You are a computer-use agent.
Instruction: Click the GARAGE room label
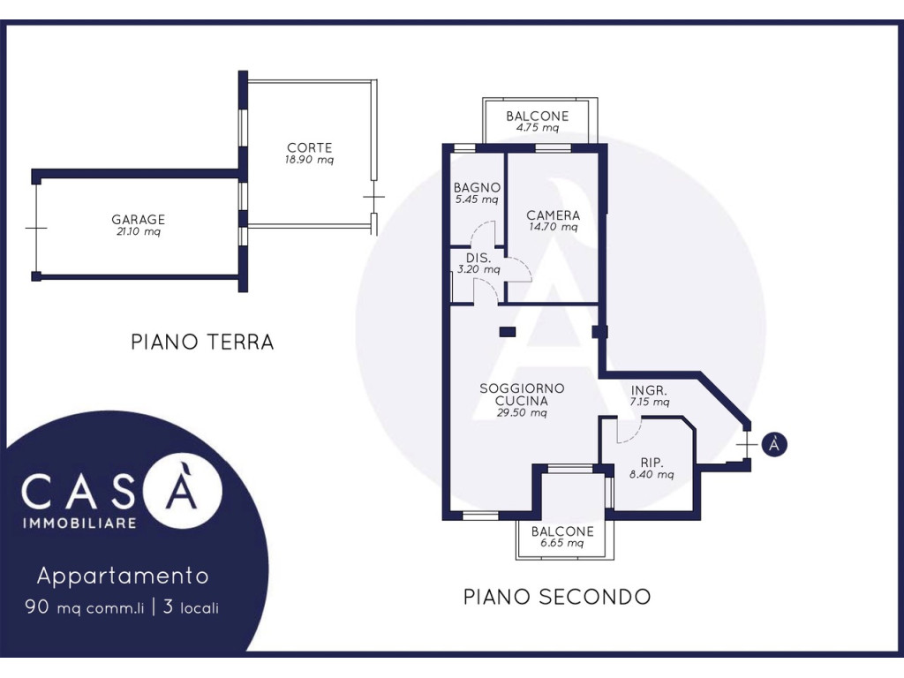click(139, 220)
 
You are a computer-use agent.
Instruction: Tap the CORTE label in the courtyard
click(310, 148)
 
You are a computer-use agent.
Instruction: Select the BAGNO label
click(477, 187)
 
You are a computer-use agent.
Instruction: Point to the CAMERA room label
click(553, 215)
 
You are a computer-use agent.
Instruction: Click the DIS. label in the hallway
click(478, 258)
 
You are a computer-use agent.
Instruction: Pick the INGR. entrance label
click(649, 390)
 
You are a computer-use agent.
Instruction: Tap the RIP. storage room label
click(652, 463)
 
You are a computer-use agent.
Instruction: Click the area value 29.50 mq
click(522, 413)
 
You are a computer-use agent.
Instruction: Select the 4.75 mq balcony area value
click(538, 127)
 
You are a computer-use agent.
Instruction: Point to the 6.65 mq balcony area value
click(561, 543)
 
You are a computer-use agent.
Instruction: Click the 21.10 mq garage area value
click(139, 232)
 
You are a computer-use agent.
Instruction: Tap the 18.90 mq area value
click(310, 160)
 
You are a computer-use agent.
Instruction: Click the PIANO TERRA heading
click(202, 342)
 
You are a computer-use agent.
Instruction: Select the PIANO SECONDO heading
click(557, 597)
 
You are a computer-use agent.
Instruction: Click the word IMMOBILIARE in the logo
click(79, 523)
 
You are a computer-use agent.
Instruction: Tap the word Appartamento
click(123, 576)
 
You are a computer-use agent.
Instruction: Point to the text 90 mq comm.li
click(84, 607)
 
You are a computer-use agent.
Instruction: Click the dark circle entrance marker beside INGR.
click(773, 445)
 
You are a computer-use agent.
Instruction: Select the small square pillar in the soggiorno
click(508, 332)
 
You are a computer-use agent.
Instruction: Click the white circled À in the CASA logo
click(183, 490)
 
